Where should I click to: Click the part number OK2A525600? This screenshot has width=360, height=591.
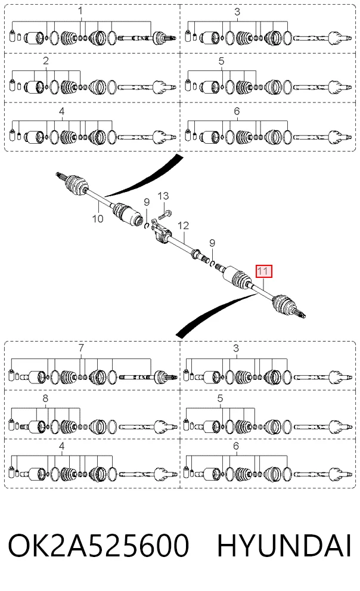[98, 545]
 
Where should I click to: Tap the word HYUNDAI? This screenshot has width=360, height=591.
[284, 546]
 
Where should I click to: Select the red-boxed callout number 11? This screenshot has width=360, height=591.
[263, 271]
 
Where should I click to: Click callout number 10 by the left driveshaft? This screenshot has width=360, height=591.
[98, 218]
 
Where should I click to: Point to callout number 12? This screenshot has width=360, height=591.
[183, 225]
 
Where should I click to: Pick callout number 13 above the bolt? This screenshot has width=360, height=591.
[163, 196]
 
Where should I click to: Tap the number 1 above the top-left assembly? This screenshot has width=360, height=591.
[80, 11]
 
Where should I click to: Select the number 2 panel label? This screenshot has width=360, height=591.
[46, 60]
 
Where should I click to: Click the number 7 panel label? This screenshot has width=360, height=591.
[81, 348]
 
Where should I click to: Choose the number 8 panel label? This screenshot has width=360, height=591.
[45, 398]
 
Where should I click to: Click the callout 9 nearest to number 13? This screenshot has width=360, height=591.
[147, 202]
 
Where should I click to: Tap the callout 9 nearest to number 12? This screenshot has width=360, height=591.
[212, 243]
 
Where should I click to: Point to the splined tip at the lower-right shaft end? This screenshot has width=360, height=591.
[302, 314]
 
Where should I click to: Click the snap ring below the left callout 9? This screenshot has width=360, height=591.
[147, 225]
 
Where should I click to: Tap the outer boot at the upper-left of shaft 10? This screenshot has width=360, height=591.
[76, 185]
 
